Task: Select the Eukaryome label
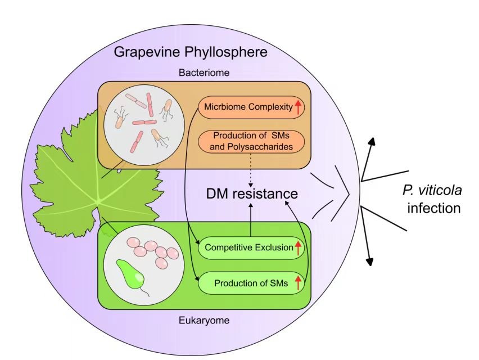[204, 321]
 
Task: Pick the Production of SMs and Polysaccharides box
[252, 141]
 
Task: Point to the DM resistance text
[251, 194]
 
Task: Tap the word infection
[435, 208]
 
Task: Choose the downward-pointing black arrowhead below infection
[370, 260]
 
